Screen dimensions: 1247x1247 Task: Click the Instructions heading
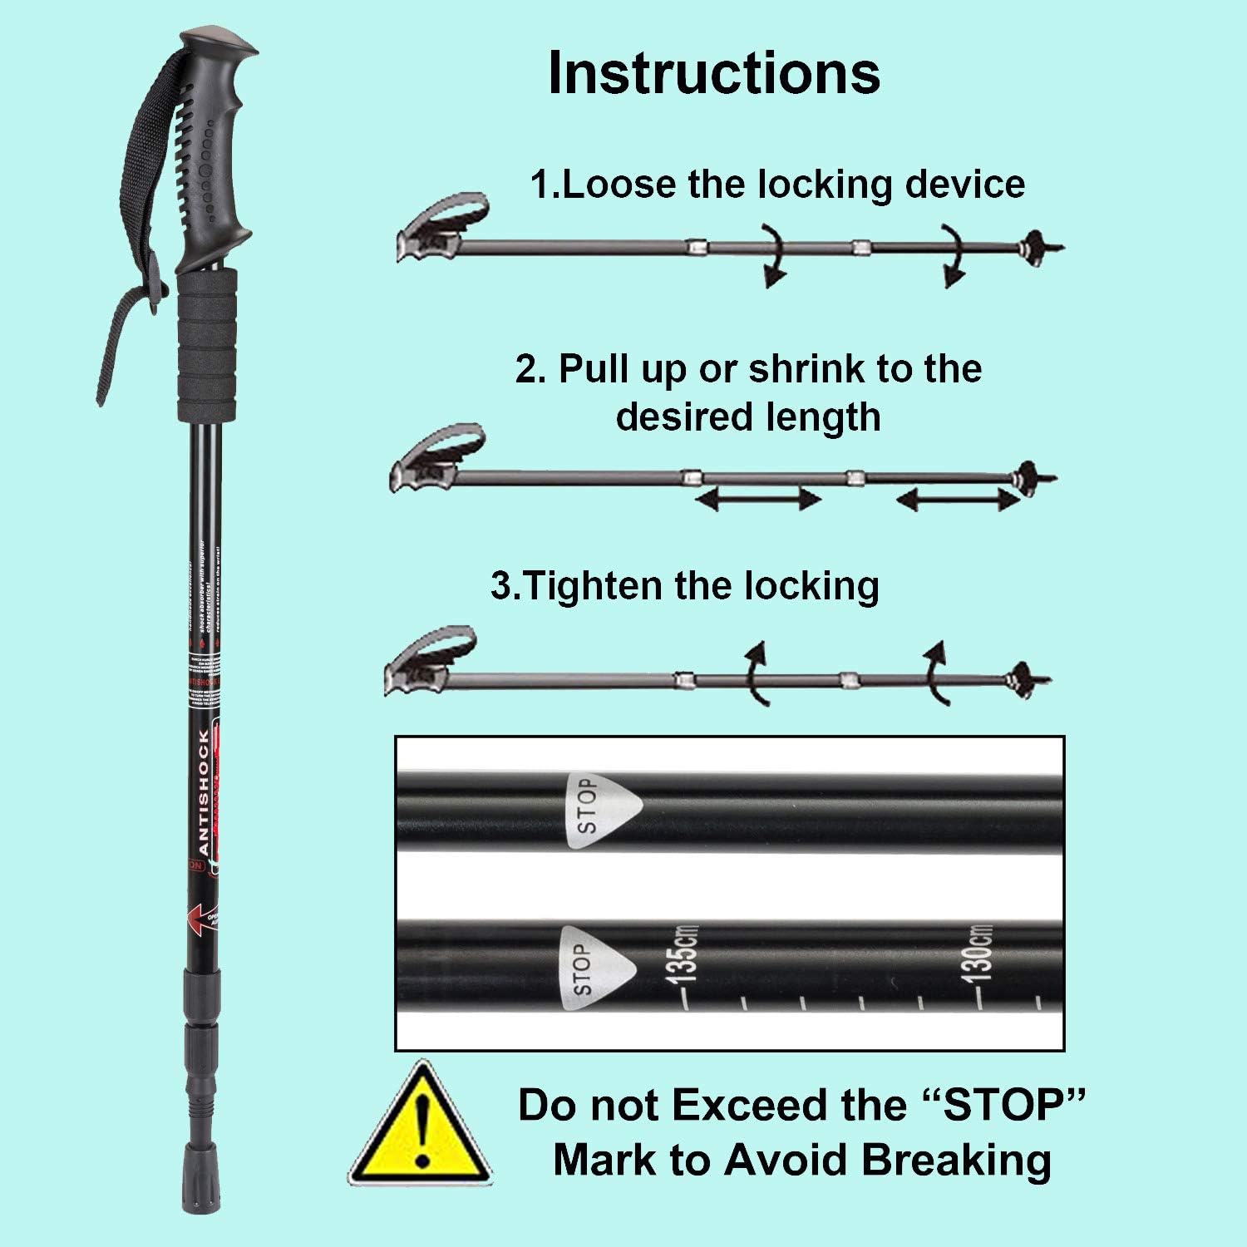pos(714,73)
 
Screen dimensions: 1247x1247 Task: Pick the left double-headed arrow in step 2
pos(757,500)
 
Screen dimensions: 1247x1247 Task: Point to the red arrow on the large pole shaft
pos(200,919)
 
